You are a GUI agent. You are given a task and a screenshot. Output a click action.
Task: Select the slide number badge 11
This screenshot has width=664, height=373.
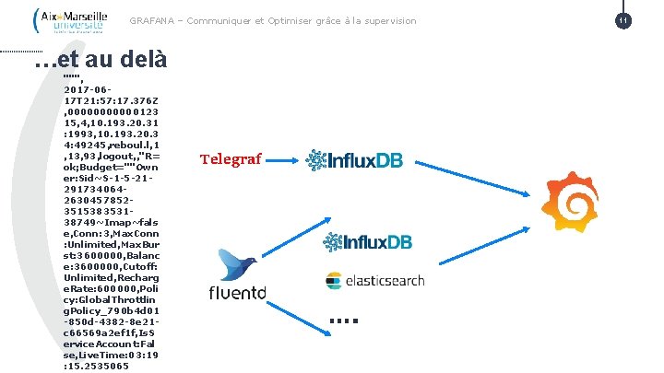(624, 20)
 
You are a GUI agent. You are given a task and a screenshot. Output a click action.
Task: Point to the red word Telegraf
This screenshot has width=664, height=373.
(231, 159)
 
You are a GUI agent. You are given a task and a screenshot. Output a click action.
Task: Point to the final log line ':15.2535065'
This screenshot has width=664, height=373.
(96, 366)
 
